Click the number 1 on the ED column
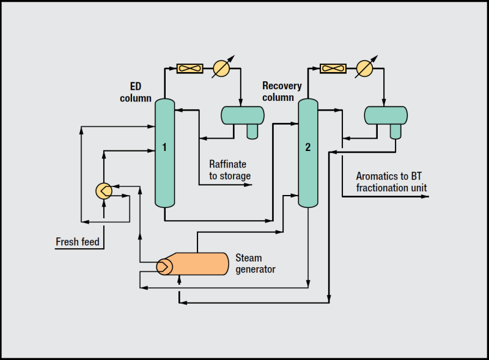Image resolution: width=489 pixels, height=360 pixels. pyautogui.click(x=164, y=147)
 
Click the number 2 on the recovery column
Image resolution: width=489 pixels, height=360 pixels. pyautogui.click(x=308, y=147)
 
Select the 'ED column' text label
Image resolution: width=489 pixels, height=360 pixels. pyautogui.click(x=140, y=92)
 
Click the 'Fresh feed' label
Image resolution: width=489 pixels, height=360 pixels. pyautogui.click(x=78, y=242)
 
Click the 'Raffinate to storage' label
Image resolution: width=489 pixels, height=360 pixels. pyautogui.click(x=230, y=170)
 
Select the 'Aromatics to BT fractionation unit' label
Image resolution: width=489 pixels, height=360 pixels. pyautogui.click(x=391, y=182)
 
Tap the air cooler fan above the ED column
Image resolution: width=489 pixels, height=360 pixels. pyautogui.click(x=189, y=68)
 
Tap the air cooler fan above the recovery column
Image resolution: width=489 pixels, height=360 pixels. pyautogui.click(x=333, y=68)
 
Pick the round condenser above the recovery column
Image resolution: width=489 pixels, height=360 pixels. pyautogui.click(x=364, y=68)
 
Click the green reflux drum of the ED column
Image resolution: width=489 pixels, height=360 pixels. pyautogui.click(x=243, y=114)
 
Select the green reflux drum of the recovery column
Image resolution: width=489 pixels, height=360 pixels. pyautogui.click(x=386, y=114)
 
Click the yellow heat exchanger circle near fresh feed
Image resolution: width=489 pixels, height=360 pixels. pyautogui.click(x=104, y=191)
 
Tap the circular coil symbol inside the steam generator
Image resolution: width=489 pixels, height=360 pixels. pyautogui.click(x=164, y=266)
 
